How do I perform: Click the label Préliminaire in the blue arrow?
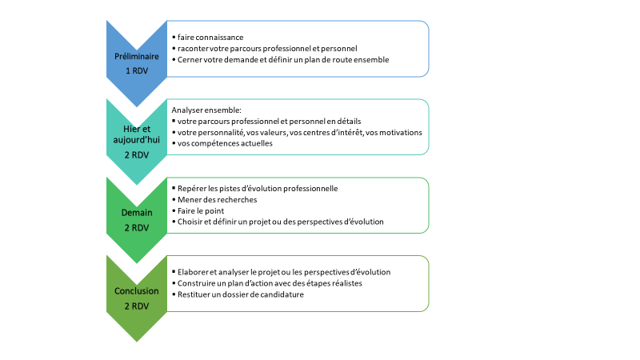pyautogui.click(x=136, y=56)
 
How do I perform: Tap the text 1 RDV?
pyautogui.click(x=136, y=70)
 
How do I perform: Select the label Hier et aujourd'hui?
pyautogui.click(x=136, y=134)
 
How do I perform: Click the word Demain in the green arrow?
pyautogui.click(x=136, y=213)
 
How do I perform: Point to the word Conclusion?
pyautogui.click(x=136, y=291)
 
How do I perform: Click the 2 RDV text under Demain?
pyautogui.click(x=136, y=228)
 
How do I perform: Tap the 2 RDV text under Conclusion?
pyautogui.click(x=136, y=306)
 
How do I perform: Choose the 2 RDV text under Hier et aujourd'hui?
pyautogui.click(x=136, y=155)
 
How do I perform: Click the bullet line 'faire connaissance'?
pyautogui.click(x=210, y=37)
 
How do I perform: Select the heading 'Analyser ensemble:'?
pyautogui.click(x=206, y=110)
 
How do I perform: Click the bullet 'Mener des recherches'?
pyautogui.click(x=217, y=199)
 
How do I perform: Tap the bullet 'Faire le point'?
pyautogui.click(x=201, y=211)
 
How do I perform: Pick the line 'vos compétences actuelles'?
pyautogui.click(x=225, y=143)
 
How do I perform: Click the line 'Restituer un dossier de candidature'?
pyautogui.click(x=241, y=294)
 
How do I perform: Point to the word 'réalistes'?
pyautogui.click(x=347, y=283)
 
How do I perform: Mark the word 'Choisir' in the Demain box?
pyautogui.click(x=190, y=222)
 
